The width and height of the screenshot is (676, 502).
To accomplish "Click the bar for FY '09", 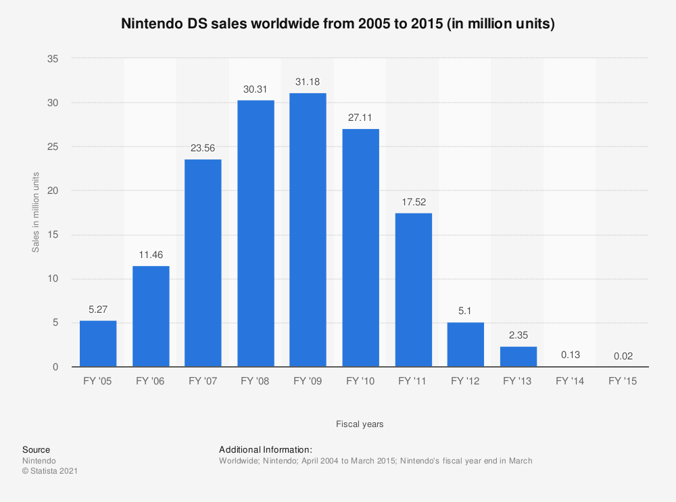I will (x=308, y=230).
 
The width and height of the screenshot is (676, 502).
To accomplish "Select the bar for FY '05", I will (x=98, y=344).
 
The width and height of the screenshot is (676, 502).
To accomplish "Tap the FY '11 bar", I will (x=413, y=290).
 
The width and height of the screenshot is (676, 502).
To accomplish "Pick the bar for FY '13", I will (x=518, y=357).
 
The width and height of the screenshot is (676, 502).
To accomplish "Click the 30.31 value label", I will (x=256, y=89).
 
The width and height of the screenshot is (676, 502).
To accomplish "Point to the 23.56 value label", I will (x=203, y=148).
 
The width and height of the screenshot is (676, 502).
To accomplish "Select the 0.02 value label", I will (x=623, y=355).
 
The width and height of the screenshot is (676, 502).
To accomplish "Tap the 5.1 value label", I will (x=466, y=311).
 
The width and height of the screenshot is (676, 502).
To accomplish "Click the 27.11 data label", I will (x=360, y=118).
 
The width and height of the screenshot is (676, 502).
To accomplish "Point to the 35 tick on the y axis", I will (x=53, y=59).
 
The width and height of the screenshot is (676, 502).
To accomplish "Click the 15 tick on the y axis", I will (x=53, y=235).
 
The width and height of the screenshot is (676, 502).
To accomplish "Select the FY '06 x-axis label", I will (x=151, y=382).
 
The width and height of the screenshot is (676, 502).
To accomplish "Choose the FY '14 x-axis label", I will (x=571, y=382).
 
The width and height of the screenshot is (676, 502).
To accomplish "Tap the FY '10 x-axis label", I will (x=360, y=382).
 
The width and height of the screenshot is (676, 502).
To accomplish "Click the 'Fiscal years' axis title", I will (x=360, y=424).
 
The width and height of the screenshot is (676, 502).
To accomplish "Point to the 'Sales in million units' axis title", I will (x=36, y=213).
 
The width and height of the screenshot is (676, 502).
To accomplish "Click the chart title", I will (x=338, y=24).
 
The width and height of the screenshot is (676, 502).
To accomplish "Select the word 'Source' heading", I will (x=36, y=449).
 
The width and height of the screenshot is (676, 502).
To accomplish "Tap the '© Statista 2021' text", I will (x=50, y=472).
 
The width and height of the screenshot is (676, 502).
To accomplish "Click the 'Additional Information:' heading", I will (x=265, y=449).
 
